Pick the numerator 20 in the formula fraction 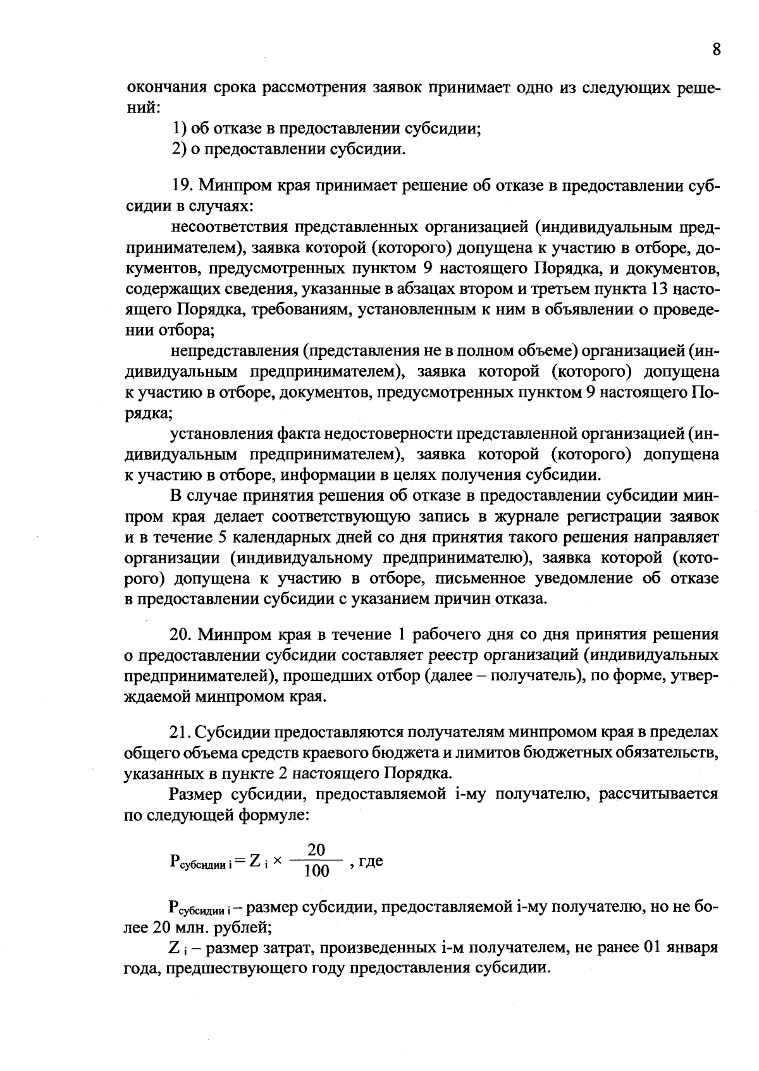(316, 850)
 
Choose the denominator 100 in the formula (316, 871)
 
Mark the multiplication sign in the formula (277, 861)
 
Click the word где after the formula (371, 861)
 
